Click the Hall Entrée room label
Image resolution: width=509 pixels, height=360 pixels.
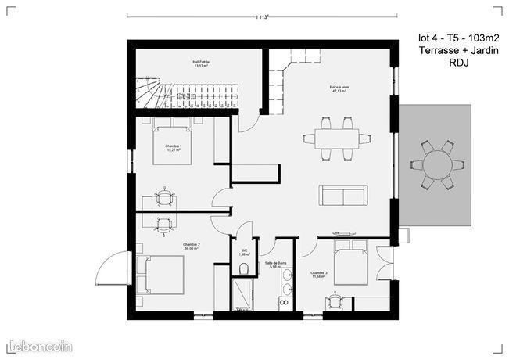pos(202,63)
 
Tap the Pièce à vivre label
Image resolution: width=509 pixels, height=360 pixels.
pos(339,88)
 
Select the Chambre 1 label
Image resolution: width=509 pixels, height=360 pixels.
pos(173,147)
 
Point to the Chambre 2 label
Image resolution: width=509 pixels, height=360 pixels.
pos(192,246)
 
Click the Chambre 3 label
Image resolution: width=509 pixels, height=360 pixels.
pos(320,274)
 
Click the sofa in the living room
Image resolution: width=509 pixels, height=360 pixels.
pos(342,194)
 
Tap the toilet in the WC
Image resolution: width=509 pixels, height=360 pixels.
pos(244,269)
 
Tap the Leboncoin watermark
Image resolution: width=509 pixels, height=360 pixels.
pos(39,345)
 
